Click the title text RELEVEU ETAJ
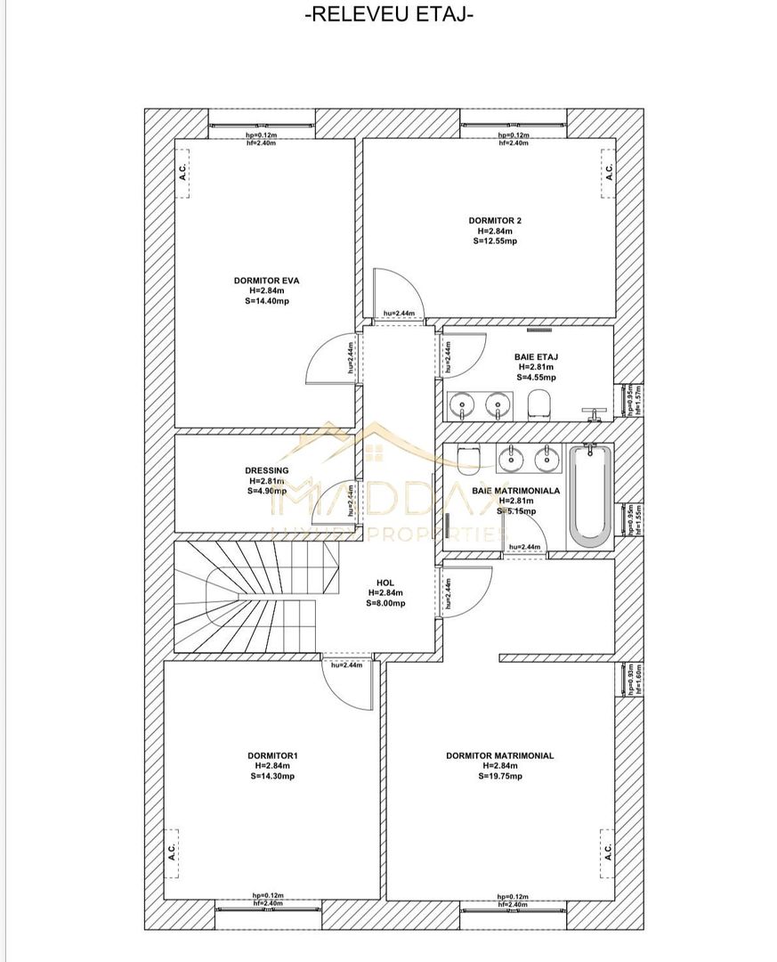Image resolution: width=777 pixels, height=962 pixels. click(x=389, y=15)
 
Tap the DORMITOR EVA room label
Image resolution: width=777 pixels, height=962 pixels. click(x=266, y=281)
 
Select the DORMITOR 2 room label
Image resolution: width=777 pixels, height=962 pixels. click(x=489, y=219)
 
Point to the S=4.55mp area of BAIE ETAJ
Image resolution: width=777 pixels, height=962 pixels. click(x=536, y=377)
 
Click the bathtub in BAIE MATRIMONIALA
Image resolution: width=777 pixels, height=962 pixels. click(x=589, y=495)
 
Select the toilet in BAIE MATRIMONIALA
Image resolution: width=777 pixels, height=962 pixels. click(x=469, y=457)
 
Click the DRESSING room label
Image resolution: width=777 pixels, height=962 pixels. click(x=266, y=470)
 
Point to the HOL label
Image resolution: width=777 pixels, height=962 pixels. click(x=385, y=583)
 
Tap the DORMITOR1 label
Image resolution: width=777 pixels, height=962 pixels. click(x=272, y=756)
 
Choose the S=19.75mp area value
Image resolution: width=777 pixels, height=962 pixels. click(x=499, y=776)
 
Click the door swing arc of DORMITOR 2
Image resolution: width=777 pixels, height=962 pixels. click(x=398, y=287)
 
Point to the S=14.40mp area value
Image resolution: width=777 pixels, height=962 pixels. click(x=266, y=301)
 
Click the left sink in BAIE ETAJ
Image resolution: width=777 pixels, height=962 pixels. click(x=461, y=407)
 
